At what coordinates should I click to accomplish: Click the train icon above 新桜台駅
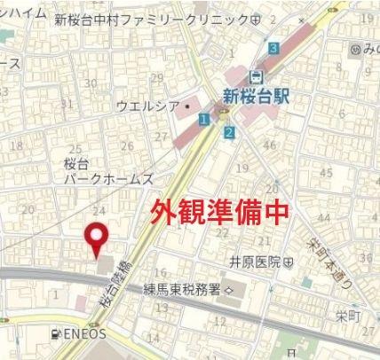click(x=257, y=76)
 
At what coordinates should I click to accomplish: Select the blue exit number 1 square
click(x=205, y=118)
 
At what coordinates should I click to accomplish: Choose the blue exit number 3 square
click(x=274, y=48)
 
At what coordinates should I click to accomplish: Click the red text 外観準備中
click(x=210, y=213)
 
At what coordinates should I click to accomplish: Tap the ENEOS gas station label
click(x=85, y=334)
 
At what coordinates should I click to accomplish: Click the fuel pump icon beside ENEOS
click(x=57, y=334)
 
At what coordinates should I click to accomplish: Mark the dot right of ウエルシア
click(x=187, y=106)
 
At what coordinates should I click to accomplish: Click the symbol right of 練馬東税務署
click(x=228, y=290)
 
